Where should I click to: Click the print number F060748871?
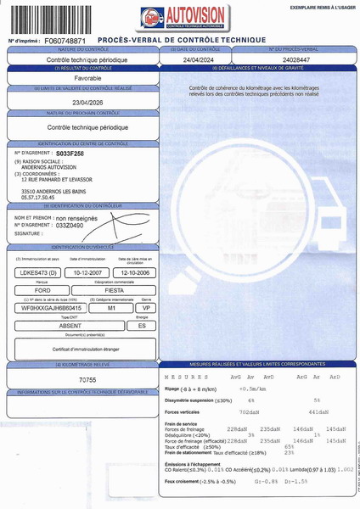click(65, 40)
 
